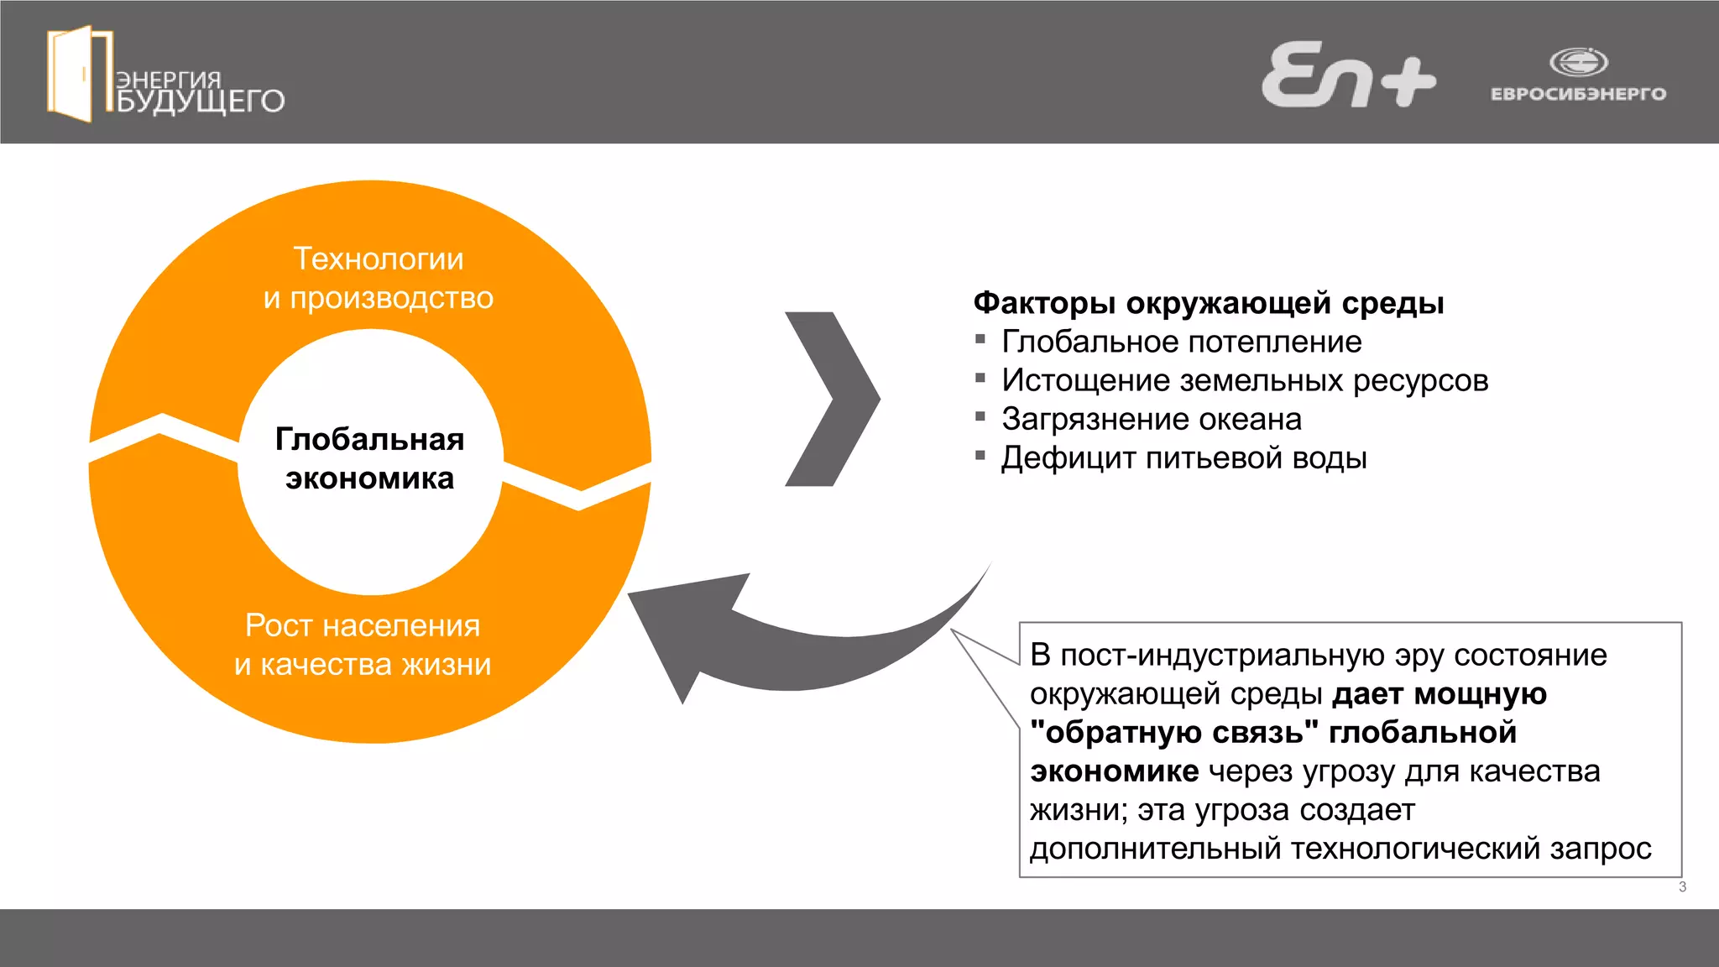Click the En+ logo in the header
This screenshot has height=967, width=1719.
[x=1348, y=76]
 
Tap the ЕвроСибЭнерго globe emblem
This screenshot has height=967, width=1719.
[x=1578, y=62]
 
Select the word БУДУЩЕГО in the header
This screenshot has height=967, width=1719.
[x=201, y=102]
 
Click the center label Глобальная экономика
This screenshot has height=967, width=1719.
[x=370, y=458]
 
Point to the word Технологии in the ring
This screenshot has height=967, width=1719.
[x=379, y=259]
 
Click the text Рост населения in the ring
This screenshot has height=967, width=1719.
[x=363, y=625]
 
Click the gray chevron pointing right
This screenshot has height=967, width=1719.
[x=831, y=399]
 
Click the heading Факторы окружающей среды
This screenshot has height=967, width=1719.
[x=1209, y=303]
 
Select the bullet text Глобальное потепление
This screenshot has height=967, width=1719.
[x=1182, y=342]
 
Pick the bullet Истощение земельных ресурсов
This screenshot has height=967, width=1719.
[x=1245, y=380]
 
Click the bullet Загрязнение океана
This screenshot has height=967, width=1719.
[x=1152, y=419]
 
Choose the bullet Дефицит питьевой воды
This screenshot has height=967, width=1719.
[x=1184, y=457]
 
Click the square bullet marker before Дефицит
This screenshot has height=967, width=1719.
[x=980, y=456]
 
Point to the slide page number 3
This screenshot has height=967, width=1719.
[x=1682, y=887]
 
